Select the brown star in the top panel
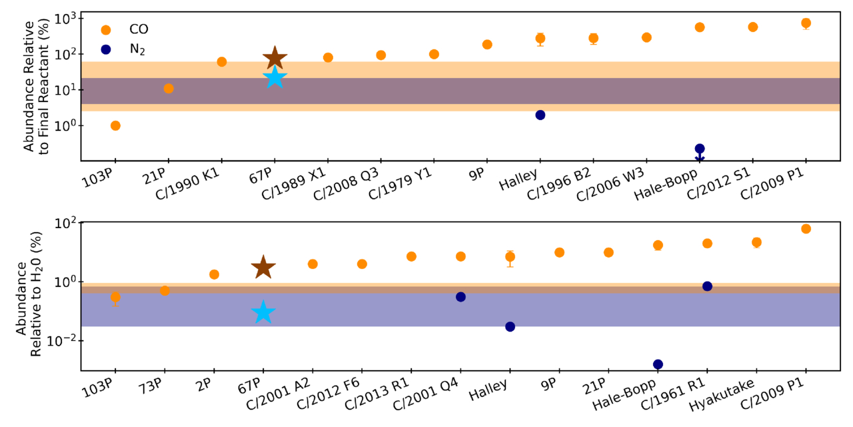(274, 59)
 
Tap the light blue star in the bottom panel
(263, 312)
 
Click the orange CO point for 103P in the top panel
(115, 125)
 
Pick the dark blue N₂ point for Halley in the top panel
(540, 115)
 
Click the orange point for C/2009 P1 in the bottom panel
(805, 229)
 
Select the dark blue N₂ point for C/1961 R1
(707, 286)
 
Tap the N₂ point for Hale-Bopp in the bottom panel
(658, 364)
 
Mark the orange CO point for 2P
(214, 274)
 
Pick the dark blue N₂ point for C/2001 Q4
(460, 297)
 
